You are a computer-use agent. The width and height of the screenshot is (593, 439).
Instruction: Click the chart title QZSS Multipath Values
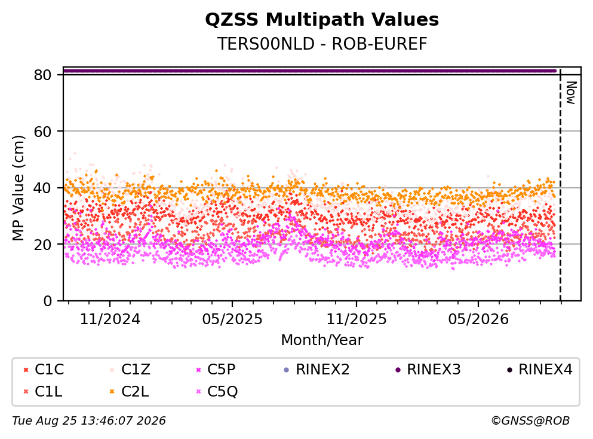coord(322,20)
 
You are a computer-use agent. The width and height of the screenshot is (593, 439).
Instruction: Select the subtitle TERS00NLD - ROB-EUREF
coord(322,44)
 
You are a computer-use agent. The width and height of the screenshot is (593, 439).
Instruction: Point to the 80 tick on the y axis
coord(42,75)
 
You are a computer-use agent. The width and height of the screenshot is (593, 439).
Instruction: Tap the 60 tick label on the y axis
coord(42,132)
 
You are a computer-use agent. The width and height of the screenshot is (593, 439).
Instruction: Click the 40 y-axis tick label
coord(42,188)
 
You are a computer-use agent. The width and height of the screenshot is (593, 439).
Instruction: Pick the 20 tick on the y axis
coord(42,244)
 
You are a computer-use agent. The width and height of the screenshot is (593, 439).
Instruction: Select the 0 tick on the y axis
coord(47,301)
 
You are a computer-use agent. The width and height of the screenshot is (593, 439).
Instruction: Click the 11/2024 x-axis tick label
coord(110,319)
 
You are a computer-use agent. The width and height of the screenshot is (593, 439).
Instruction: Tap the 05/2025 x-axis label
coord(232,319)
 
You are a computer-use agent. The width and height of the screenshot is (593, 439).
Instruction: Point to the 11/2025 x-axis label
coord(357,319)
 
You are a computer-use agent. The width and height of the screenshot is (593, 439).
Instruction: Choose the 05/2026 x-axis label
coord(478,319)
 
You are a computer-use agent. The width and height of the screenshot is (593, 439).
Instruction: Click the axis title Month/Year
coord(322,340)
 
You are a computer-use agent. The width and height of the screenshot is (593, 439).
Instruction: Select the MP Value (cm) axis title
coord(18,188)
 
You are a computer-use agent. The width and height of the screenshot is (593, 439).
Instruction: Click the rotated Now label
coord(571,93)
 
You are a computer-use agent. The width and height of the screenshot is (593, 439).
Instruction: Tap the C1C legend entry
coord(44,369)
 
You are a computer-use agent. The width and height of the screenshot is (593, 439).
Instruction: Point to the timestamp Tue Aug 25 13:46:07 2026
coord(89,421)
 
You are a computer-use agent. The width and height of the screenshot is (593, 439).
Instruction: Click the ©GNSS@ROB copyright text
coord(530,421)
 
